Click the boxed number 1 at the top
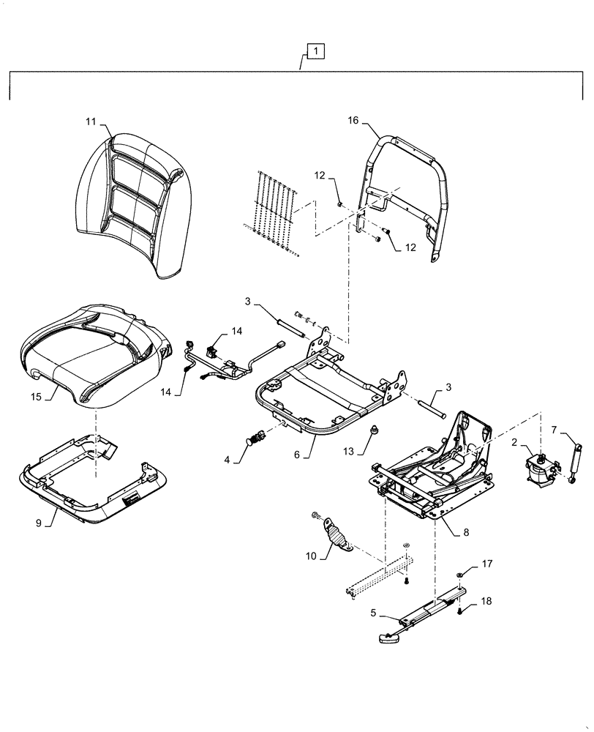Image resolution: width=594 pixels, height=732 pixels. [313, 51]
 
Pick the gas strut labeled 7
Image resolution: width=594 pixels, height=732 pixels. [575, 461]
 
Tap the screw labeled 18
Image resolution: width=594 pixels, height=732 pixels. [459, 610]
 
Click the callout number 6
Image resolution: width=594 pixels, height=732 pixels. [297, 455]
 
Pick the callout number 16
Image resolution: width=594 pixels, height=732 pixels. [353, 121]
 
